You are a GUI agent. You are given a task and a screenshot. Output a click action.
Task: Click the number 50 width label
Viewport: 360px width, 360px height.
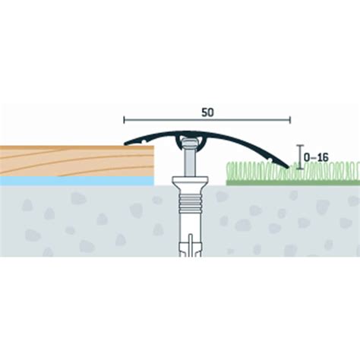pyautogui.click(x=207, y=112)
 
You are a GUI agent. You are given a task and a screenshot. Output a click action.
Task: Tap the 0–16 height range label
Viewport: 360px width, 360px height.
pyautogui.click(x=316, y=158)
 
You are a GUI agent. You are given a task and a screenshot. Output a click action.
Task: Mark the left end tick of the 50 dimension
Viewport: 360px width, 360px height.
pyautogui.click(x=124, y=120)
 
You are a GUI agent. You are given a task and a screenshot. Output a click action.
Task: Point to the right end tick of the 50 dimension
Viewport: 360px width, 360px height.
pyautogui.click(x=290, y=120)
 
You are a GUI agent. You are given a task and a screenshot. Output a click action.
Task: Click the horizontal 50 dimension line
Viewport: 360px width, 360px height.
pyautogui.click(x=207, y=120)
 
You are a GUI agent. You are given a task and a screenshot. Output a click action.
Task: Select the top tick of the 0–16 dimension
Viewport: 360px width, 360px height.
pyautogui.click(x=300, y=146)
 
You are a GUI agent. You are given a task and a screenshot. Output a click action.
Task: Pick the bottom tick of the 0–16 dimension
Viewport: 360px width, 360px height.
pyautogui.click(x=300, y=169)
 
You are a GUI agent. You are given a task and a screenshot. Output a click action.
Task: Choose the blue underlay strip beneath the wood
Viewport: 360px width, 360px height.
pyautogui.click(x=77, y=181)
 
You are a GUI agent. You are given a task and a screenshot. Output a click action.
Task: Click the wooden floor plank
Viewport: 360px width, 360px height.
pyautogui.click(x=77, y=161)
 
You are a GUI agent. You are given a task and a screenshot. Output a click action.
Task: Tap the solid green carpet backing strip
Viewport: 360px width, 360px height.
pyautogui.click(x=293, y=183)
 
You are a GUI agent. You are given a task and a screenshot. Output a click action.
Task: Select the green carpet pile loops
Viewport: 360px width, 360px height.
pyautogui.click(x=293, y=171)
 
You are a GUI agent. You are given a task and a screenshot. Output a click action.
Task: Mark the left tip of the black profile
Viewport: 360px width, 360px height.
pyautogui.click(x=125, y=144)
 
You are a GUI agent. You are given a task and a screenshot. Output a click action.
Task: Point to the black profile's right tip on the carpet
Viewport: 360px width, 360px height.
pyautogui.click(x=288, y=167)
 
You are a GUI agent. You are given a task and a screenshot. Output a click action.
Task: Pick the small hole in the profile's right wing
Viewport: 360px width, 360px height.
pyautogui.click(x=270, y=160)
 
